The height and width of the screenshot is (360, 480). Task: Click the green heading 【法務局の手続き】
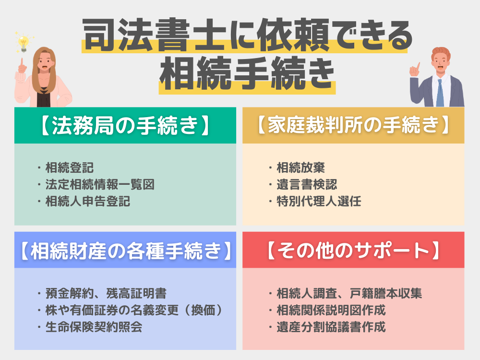[x=125, y=126]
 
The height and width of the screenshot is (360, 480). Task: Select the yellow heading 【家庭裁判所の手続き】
[x=353, y=126]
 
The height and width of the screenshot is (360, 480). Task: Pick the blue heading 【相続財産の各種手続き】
[x=125, y=250]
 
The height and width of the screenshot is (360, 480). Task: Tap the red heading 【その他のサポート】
[x=353, y=250]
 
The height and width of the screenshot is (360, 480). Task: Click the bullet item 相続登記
[x=70, y=168]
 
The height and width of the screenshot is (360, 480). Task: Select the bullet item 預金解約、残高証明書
[x=106, y=294]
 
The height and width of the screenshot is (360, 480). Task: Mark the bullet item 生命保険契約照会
[x=94, y=327]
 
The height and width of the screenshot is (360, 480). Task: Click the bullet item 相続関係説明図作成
[x=331, y=310]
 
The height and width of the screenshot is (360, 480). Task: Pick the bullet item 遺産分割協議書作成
[x=331, y=327]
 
